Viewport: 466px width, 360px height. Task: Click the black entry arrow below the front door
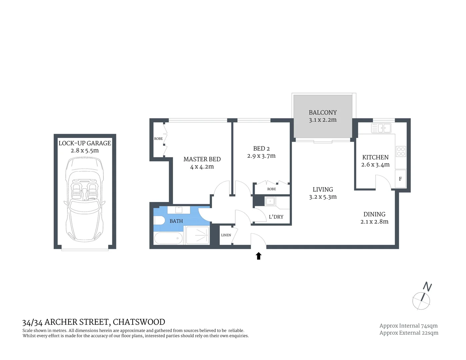258,256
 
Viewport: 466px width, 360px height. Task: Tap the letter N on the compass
427,287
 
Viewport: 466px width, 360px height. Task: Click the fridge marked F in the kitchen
400,179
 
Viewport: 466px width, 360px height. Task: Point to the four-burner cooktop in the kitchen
401,152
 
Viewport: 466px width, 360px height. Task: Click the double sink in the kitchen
381,128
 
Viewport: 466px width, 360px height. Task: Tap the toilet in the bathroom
159,221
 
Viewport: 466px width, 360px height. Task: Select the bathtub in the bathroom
168,238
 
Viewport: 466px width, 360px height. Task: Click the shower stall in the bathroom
197,236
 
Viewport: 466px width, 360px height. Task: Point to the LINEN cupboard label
226,235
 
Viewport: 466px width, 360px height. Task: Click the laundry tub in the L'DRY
270,201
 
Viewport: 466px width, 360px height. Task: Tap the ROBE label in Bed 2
272,189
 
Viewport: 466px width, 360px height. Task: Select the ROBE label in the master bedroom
158,139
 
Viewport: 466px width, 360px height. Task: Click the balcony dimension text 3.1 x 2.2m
323,120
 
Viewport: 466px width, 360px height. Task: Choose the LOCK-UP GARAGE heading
85,143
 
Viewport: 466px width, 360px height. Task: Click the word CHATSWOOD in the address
139,322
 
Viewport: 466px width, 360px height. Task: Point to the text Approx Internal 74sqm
408,326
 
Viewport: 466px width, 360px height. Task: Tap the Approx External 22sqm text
409,333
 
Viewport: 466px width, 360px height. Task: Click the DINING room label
374,214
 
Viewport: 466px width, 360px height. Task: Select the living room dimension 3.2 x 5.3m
323,197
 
